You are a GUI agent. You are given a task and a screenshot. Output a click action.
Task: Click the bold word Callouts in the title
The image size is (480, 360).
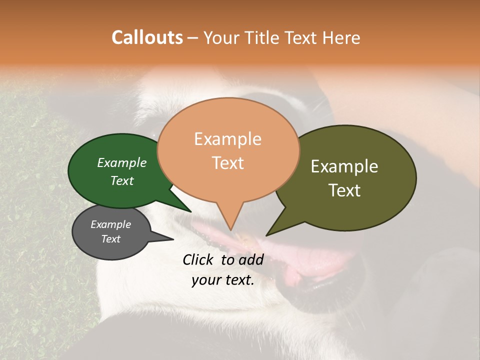[147, 37]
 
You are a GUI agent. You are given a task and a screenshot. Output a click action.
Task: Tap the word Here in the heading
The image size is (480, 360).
[342, 37]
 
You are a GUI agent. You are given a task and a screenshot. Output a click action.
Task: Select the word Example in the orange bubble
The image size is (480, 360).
[227, 139]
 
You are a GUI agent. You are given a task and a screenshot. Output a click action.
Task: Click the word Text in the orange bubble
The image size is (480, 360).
[227, 163]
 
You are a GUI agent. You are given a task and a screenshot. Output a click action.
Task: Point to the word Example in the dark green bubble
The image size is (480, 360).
[122, 162]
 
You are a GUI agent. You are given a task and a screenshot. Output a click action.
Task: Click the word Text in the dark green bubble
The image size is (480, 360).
[122, 180]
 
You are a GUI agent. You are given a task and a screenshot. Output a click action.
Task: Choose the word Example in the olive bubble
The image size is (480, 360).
[344, 166]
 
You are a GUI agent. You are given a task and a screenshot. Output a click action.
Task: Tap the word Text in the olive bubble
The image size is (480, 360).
[344, 190]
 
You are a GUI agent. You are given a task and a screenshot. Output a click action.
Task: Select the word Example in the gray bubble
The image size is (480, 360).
[110, 224]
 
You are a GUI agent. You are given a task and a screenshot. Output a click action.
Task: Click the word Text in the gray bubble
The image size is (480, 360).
[110, 239]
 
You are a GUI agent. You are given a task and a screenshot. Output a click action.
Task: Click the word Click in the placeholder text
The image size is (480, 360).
[199, 259]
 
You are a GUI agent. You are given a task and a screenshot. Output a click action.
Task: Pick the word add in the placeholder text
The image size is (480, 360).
[251, 259]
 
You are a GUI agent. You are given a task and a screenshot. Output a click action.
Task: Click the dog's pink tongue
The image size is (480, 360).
[310, 260]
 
